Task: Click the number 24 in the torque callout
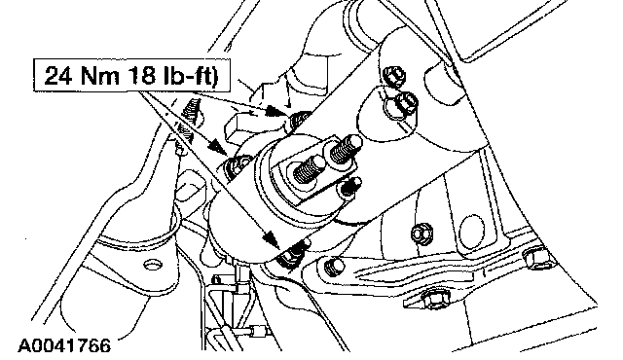pos(58,76)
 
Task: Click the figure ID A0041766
pos(64,345)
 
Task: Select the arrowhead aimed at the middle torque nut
pos(217,148)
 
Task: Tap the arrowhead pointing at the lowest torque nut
pos(271,238)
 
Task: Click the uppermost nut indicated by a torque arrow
pos(299,119)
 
